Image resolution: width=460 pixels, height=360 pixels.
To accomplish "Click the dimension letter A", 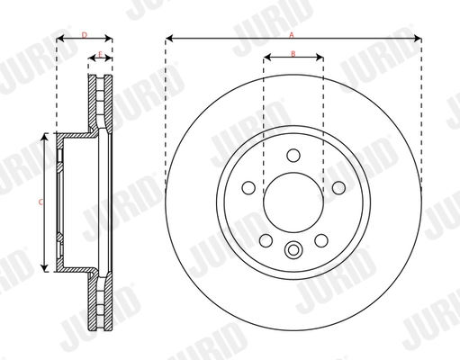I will pyautogui.click(x=292, y=34).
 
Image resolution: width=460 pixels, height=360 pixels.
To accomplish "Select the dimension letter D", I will pyautogui.click(x=84, y=34).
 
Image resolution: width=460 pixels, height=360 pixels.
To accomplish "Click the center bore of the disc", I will pyautogui.click(x=293, y=202).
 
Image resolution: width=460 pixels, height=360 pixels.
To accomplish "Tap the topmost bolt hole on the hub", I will pyautogui.click(x=293, y=157).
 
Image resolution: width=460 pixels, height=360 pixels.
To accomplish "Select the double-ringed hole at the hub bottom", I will pyautogui.click(x=293, y=249).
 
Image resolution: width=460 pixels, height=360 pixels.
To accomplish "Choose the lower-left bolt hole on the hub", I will pyautogui.click(x=266, y=240).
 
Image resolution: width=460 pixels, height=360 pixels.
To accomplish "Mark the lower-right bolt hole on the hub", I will pyautogui.click(x=320, y=240).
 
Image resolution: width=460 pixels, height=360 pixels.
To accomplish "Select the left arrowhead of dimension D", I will pyautogui.click(x=60, y=39).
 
